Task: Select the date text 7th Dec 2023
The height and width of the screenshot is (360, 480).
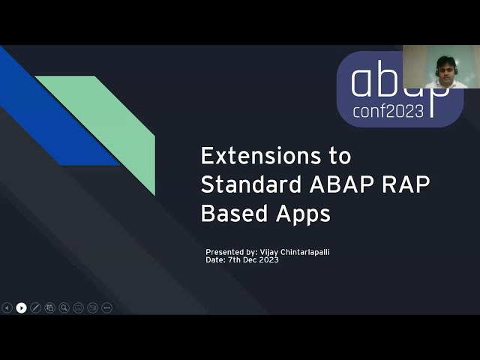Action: (253, 259)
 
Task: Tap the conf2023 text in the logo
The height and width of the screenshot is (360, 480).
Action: (388, 111)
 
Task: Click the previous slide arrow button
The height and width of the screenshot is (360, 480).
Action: (7, 307)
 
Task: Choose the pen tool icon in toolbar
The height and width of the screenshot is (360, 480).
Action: (35, 307)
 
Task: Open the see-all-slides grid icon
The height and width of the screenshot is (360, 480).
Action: (49, 307)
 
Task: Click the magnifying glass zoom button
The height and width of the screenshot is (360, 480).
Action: (64, 307)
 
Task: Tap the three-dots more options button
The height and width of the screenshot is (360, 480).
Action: (106, 307)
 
